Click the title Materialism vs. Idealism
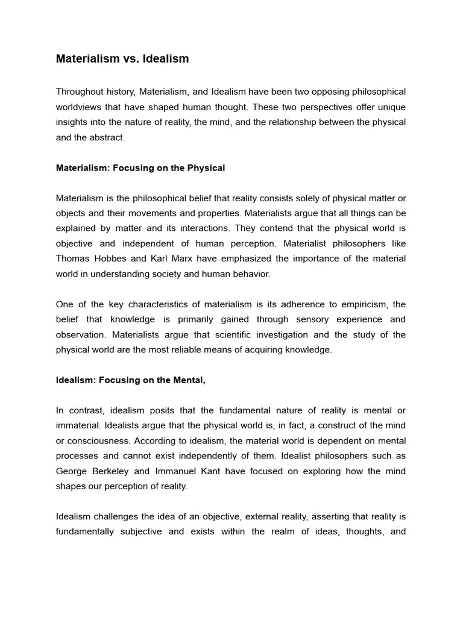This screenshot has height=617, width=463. point(122,58)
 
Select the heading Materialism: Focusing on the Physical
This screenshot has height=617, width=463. point(140,168)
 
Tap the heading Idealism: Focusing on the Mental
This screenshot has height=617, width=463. point(131,380)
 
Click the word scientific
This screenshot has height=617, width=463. point(222,334)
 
